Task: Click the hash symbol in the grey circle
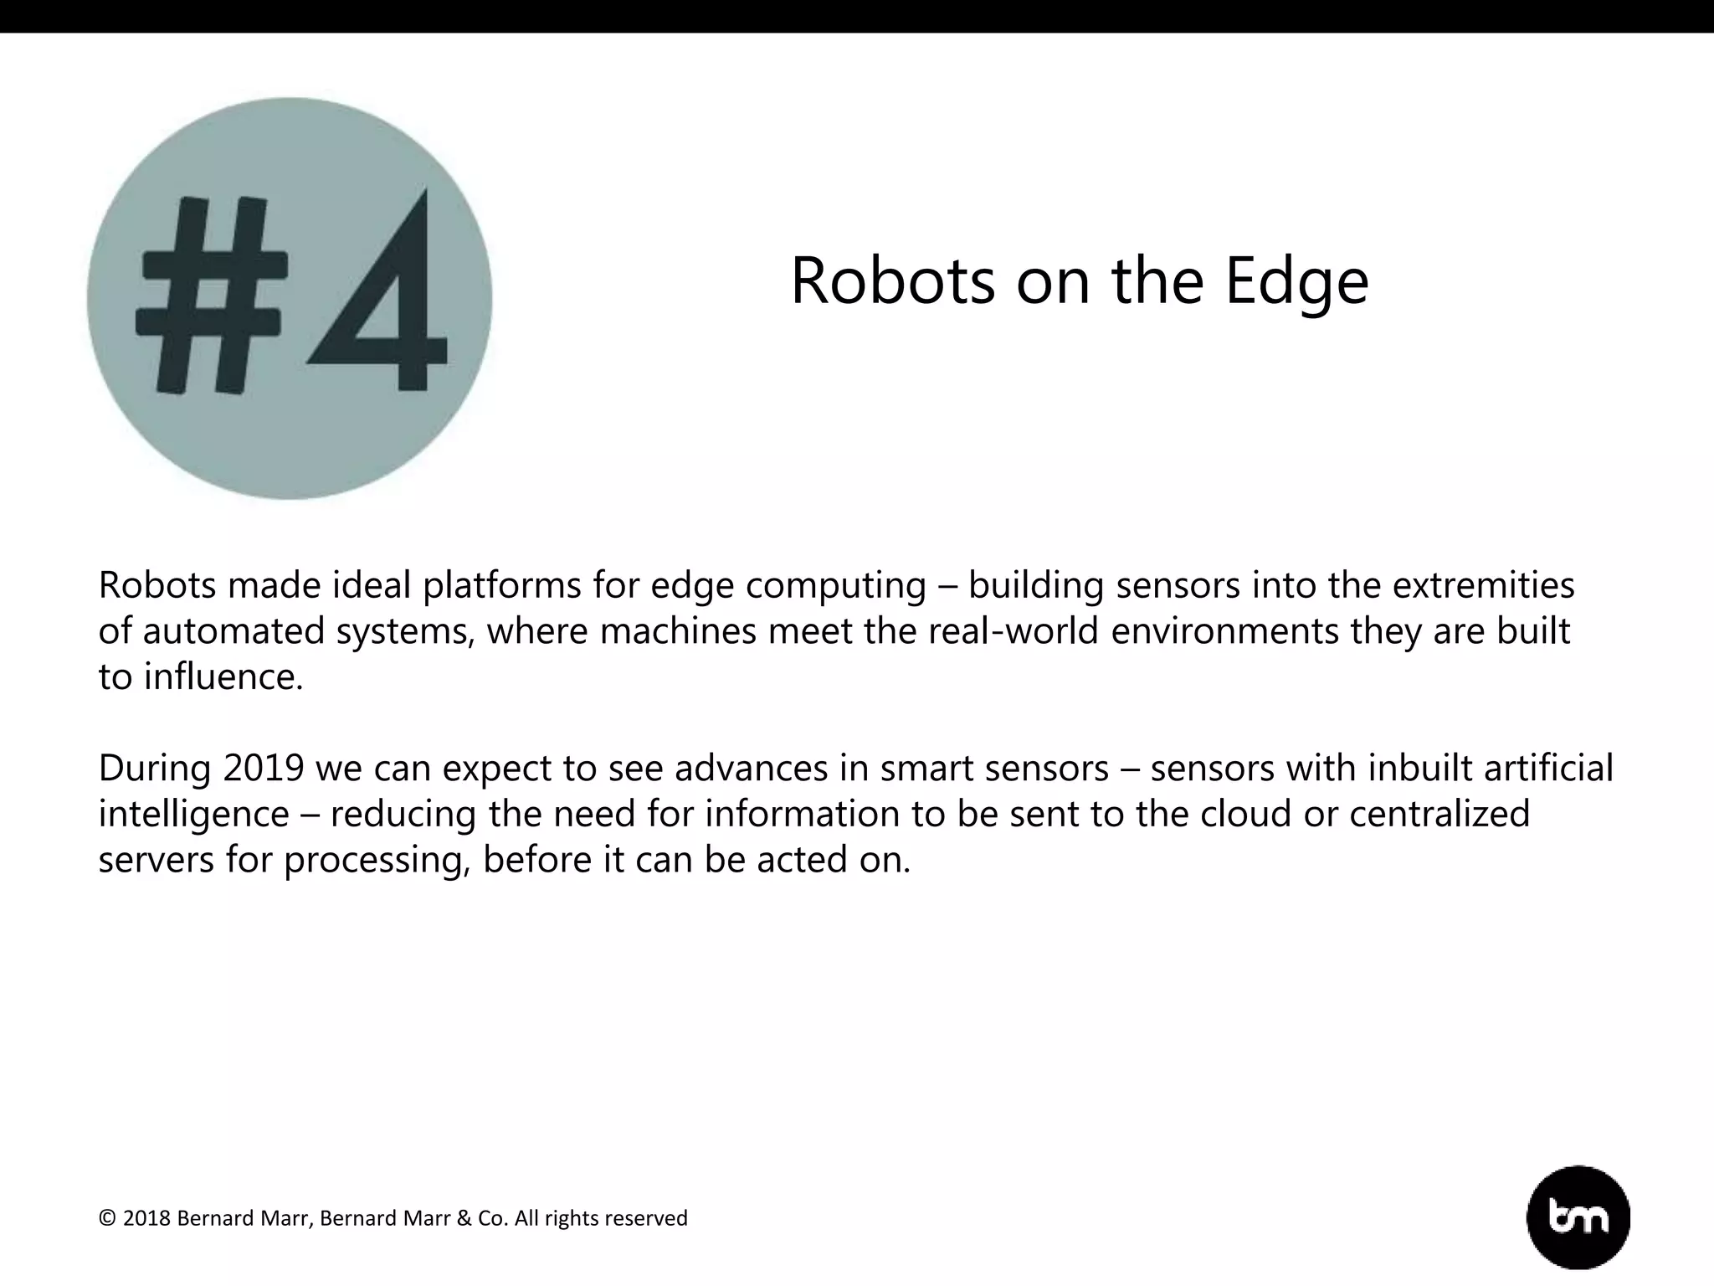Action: point(212,295)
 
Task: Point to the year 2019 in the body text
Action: point(264,768)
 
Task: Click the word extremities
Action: point(1483,584)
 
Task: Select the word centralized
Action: point(1439,813)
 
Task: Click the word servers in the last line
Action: point(157,860)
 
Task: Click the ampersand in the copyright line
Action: point(464,1218)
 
